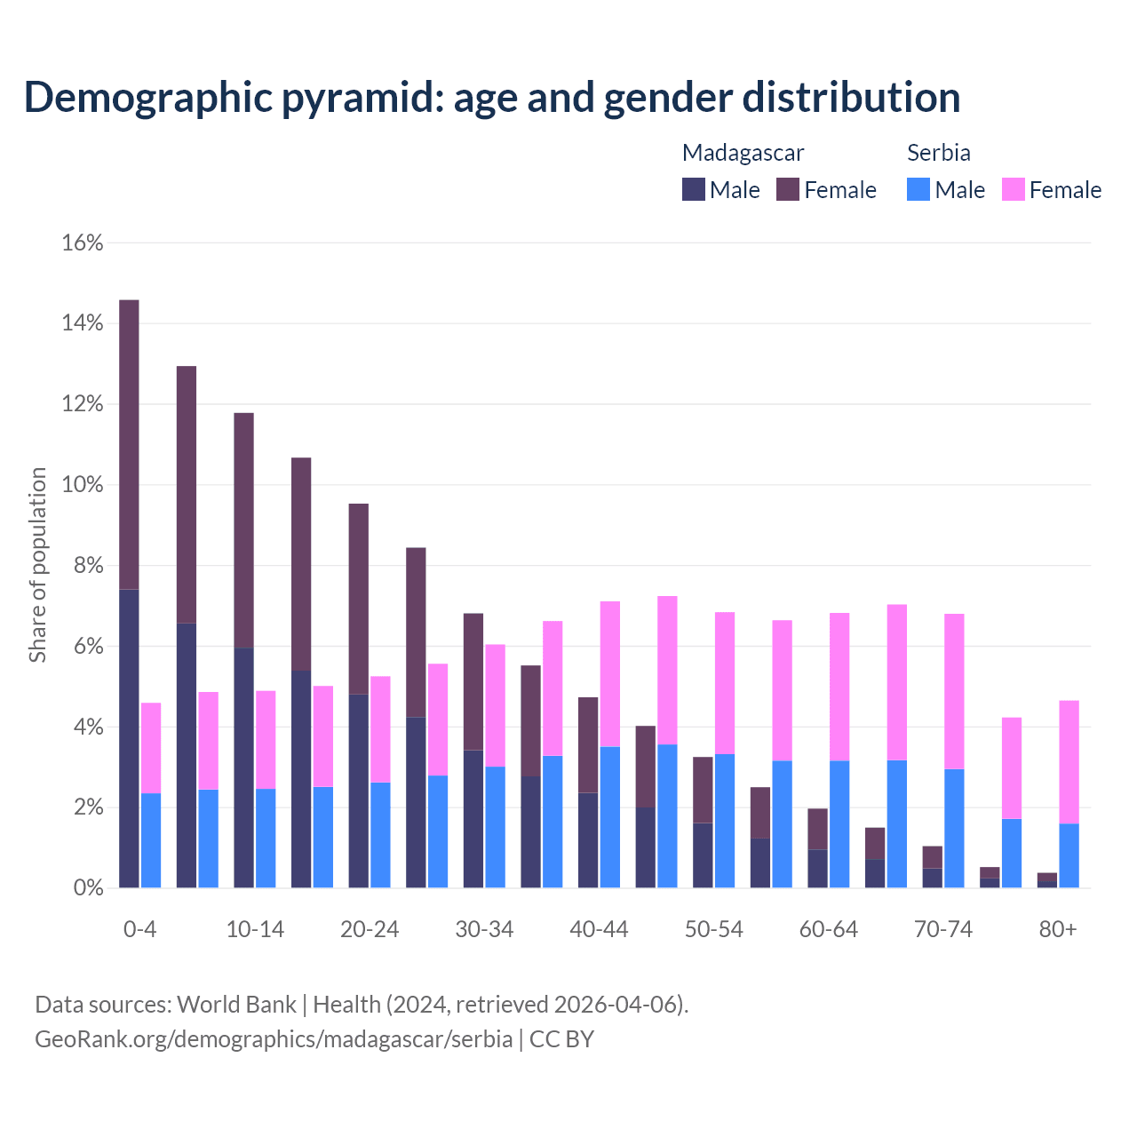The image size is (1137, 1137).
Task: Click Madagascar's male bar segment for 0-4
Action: (129, 737)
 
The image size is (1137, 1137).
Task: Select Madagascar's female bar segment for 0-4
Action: (129, 444)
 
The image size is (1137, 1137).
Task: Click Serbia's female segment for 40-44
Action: (610, 674)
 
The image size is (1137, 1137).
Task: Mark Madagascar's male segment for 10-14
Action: (243, 767)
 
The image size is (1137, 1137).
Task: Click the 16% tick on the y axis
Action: (83, 243)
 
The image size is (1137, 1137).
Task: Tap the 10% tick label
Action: (83, 485)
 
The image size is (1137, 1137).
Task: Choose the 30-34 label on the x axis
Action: (484, 929)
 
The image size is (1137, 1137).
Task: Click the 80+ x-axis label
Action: (1058, 929)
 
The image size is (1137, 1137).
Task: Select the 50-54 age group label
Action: (713, 929)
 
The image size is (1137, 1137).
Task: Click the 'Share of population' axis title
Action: (37, 565)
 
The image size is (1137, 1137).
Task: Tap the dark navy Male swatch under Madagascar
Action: (694, 189)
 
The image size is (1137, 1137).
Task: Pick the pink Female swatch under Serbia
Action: (1013, 189)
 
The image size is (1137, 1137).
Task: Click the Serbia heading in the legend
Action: (938, 153)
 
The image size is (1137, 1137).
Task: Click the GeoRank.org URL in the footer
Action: (274, 1038)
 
